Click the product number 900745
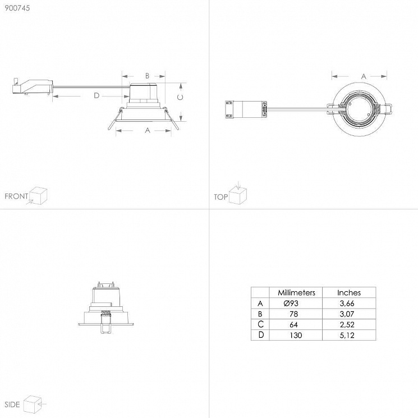[17, 8]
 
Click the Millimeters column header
[296, 293]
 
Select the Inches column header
[349, 293]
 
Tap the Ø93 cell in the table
[291, 304]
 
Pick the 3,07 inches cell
[347, 314]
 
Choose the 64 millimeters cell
[293, 325]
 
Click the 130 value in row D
[296, 335]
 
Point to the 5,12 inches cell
[347, 335]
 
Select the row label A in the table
[260, 304]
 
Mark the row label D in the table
[261, 335]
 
